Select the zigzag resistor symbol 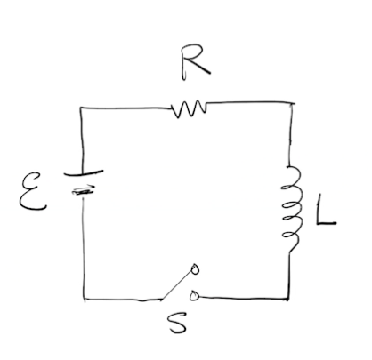190,109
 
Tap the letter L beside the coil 324,211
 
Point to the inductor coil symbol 292,209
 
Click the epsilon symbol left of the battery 32,192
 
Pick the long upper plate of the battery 84,172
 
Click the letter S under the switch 177,323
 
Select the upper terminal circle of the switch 195,269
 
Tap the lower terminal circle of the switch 194,295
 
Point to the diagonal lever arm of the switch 177,284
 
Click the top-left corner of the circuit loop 80,108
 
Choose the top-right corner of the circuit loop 291,103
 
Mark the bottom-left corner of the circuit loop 85,300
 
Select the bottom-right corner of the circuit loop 287,299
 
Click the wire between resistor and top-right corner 249,103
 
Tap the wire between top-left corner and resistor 125,108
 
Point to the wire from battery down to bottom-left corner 84,248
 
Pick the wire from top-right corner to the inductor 291,135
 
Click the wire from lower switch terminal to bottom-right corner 243,298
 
